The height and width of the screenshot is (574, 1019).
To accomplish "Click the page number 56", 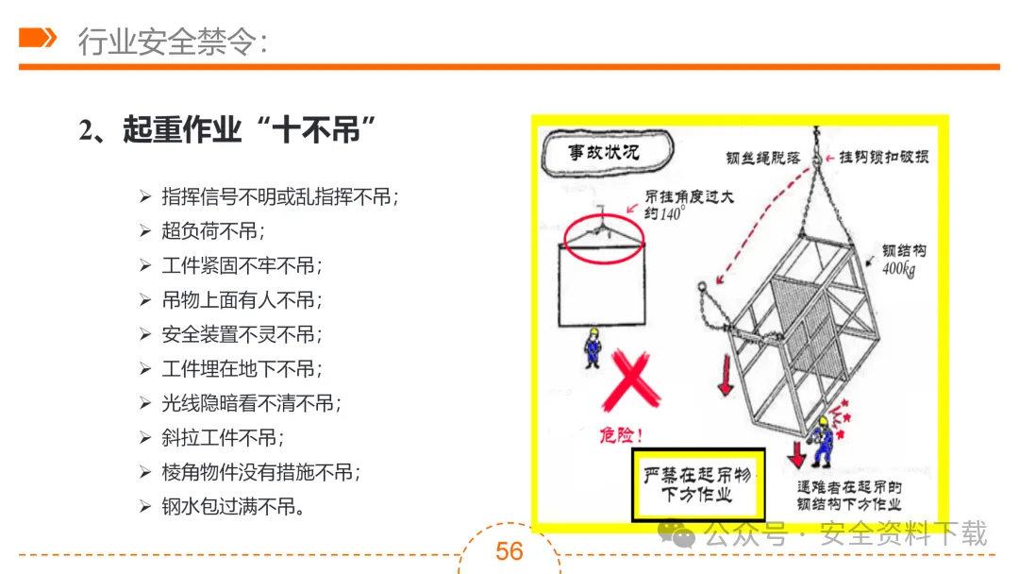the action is [509, 550].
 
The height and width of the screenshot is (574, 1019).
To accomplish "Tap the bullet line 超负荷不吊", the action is [213, 231].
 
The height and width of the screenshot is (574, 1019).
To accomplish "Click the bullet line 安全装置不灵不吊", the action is [242, 334].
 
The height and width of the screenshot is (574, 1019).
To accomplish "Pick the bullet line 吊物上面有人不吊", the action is [242, 300].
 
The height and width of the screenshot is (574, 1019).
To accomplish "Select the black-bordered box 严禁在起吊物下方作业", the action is [697, 484].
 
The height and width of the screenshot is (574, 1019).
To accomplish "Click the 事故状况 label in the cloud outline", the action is [604, 151].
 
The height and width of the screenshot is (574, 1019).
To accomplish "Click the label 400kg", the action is [900, 271].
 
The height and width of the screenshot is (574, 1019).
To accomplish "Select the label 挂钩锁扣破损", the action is [883, 157].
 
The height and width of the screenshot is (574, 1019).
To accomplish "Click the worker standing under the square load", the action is [593, 347].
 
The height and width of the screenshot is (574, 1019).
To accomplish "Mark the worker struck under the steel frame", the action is [819, 439].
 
